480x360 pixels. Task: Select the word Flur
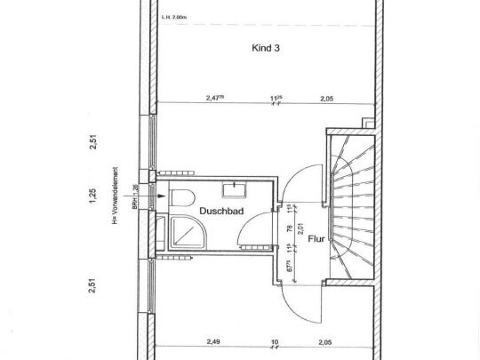(316, 239)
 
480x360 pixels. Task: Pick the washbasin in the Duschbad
(236, 188)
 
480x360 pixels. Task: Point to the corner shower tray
(185, 233)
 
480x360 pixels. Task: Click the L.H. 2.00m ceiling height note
(174, 16)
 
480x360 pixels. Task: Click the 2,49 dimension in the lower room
(214, 340)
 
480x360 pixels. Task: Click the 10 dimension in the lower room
(276, 340)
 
